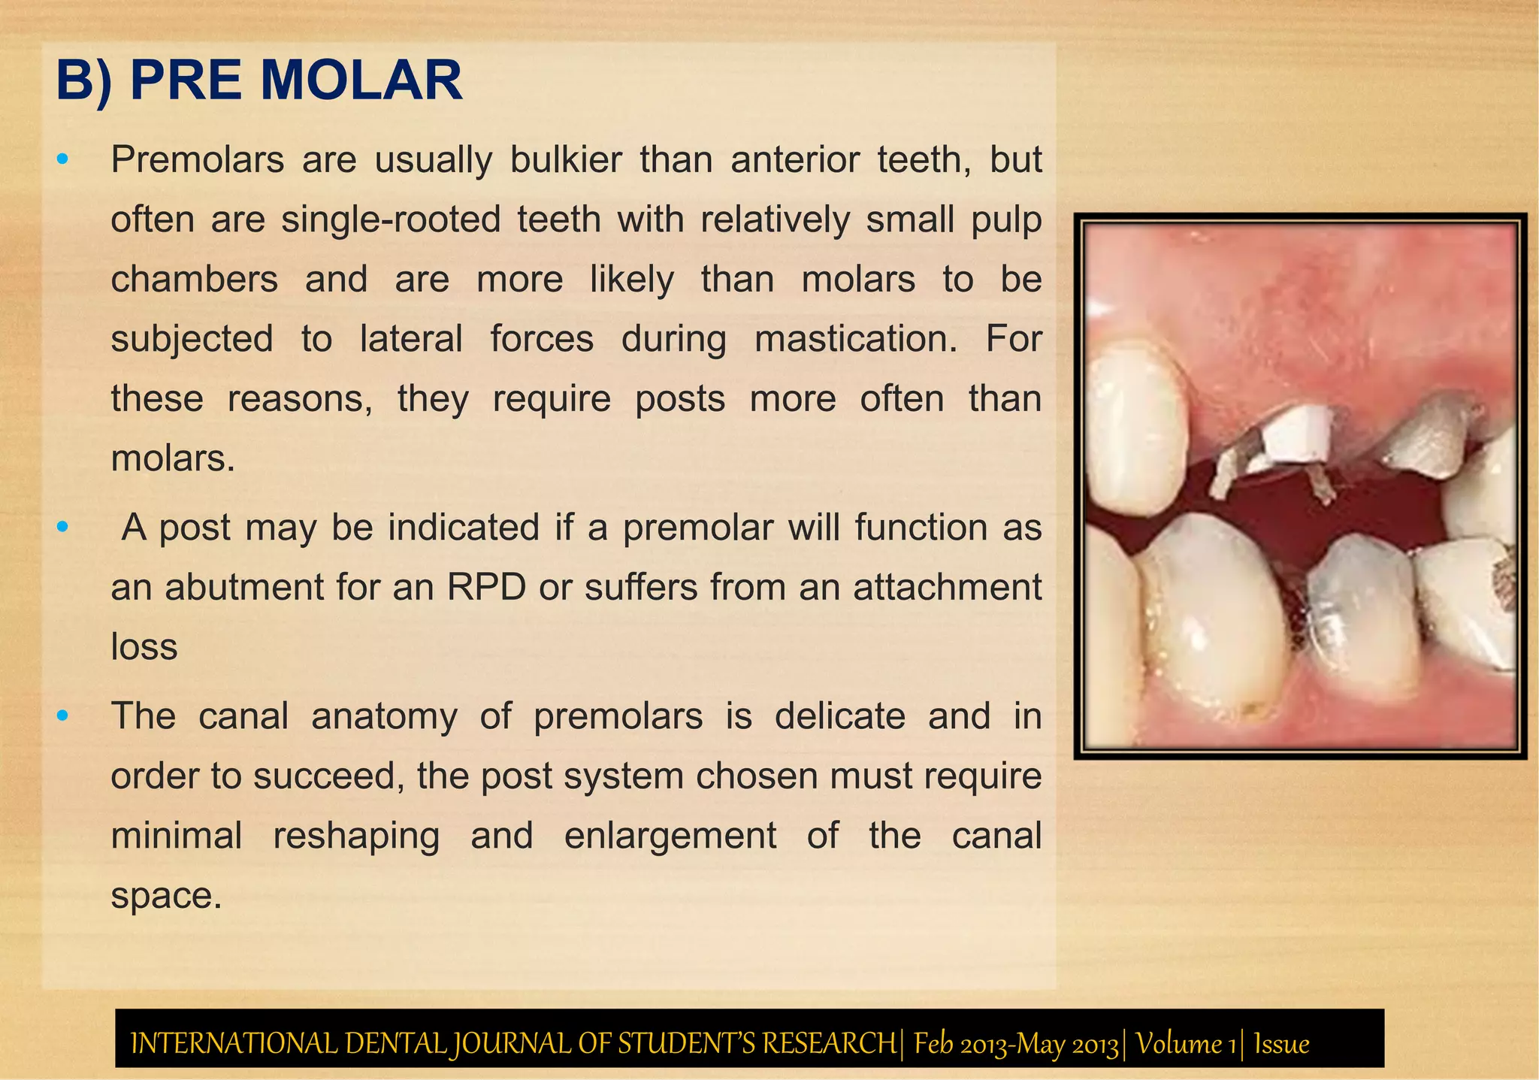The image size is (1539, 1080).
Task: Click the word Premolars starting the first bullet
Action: [198, 160]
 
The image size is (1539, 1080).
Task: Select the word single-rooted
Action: [391, 220]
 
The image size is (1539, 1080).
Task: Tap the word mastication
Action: [856, 339]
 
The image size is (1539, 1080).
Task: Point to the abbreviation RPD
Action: [486, 587]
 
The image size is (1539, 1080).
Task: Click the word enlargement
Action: [670, 836]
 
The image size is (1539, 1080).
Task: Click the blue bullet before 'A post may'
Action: [63, 527]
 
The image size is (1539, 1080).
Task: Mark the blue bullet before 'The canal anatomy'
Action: [63, 715]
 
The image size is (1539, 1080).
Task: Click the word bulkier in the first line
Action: [566, 160]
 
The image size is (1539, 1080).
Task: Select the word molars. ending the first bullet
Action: [173, 458]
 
